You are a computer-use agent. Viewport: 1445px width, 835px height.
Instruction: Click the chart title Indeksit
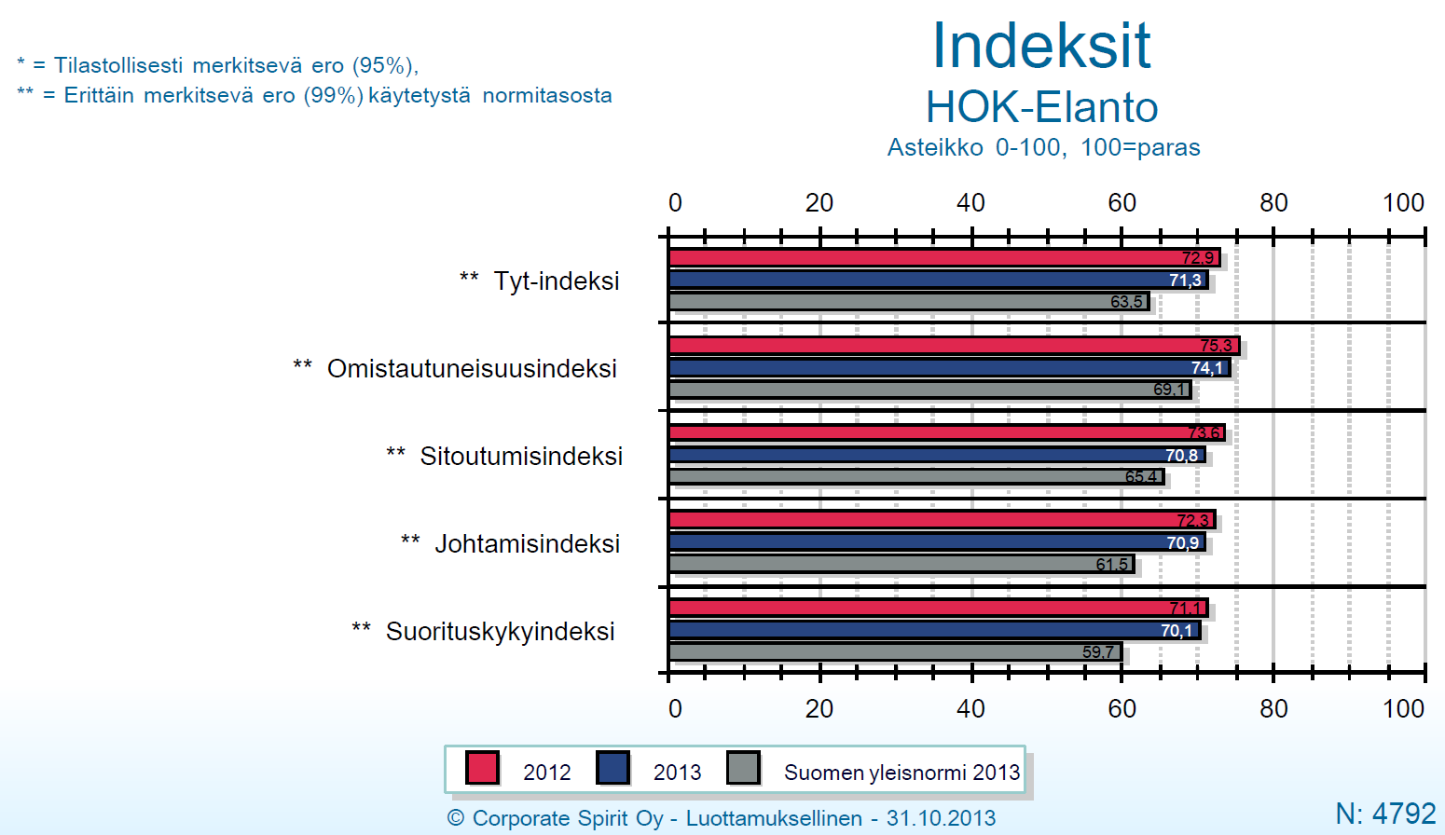coord(1041,46)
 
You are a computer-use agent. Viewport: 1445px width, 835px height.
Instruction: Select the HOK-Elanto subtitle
coord(1042,107)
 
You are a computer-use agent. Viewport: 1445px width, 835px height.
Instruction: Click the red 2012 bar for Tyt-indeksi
coord(944,258)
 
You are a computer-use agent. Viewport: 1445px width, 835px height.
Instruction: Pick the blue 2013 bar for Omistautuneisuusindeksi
coord(950,367)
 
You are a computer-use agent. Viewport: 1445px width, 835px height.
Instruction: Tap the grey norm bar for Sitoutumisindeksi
coord(916,476)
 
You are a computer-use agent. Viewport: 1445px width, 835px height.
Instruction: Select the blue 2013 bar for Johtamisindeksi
coord(937,542)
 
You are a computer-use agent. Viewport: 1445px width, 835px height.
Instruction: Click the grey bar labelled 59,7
coord(895,652)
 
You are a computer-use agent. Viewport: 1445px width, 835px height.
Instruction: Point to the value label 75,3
coord(1216,346)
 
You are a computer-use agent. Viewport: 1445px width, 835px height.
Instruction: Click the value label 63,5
coord(1126,301)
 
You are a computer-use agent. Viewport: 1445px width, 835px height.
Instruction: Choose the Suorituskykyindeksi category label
coord(500,632)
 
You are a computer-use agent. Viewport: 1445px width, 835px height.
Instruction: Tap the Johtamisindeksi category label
coord(527,543)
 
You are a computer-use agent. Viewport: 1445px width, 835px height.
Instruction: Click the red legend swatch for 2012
coord(482,768)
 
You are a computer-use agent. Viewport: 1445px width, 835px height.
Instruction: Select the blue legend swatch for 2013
coord(612,768)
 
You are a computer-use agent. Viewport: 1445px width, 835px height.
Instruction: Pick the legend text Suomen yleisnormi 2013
coord(901,773)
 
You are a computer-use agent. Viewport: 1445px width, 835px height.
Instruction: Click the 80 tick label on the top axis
coord(1273,203)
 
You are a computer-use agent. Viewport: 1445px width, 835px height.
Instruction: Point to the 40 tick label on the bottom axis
coord(970,709)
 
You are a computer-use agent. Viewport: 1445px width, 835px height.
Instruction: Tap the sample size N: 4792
coord(1385,814)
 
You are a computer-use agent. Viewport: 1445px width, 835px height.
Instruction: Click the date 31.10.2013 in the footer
coord(942,818)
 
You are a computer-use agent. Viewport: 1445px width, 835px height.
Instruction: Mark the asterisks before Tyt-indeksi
coord(469,278)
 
